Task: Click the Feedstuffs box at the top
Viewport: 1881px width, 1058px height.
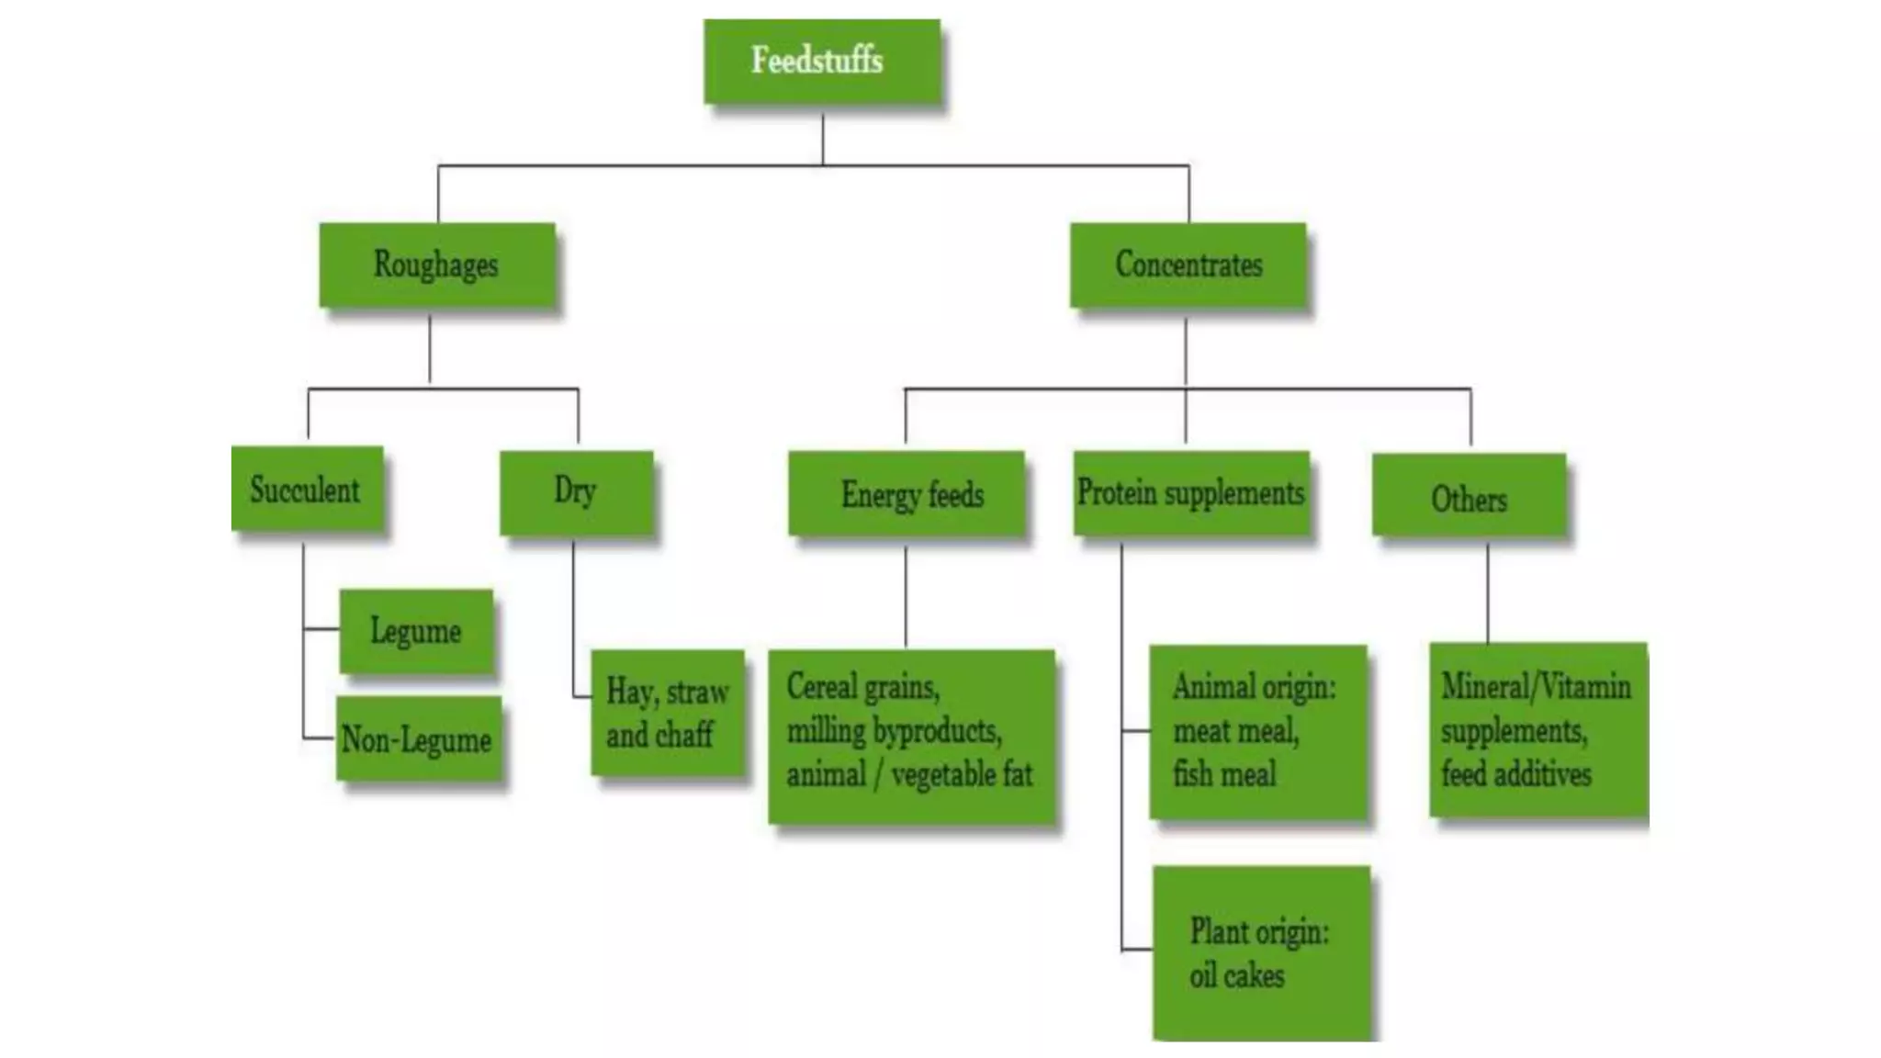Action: pyautogui.click(x=821, y=62)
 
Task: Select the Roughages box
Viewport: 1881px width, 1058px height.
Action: pyautogui.click(x=437, y=264)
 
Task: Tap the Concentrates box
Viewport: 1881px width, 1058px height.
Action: pyautogui.click(x=1188, y=264)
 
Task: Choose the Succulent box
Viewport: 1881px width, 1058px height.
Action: pyautogui.click(x=307, y=489)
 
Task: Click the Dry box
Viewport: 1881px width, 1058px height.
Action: pyautogui.click(x=576, y=492)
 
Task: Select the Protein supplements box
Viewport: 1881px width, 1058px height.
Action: pyautogui.click(x=1191, y=493)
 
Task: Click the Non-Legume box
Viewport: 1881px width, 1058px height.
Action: pyautogui.click(x=418, y=739)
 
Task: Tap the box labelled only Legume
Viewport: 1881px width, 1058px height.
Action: pyautogui.click(x=416, y=632)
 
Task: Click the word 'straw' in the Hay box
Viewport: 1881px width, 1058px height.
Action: pyautogui.click(x=699, y=692)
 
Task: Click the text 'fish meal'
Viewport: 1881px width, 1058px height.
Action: pyautogui.click(x=1224, y=773)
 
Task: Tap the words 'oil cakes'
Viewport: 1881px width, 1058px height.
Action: pyautogui.click(x=1236, y=975)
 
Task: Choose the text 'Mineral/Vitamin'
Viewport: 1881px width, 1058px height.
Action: pyautogui.click(x=1536, y=687)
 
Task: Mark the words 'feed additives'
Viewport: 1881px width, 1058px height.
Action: pyautogui.click(x=1515, y=773)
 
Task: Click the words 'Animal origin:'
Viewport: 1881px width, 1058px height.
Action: pyautogui.click(x=1254, y=687)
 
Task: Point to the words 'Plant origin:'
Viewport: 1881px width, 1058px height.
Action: pyautogui.click(x=1259, y=932)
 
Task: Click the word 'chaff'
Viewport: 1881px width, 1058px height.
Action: pyautogui.click(x=685, y=735)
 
